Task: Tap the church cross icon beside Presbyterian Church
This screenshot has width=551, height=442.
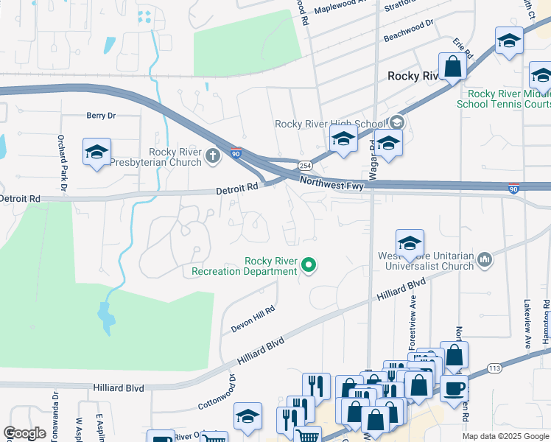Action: pyautogui.click(x=213, y=155)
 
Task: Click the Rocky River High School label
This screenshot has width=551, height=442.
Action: pyautogui.click(x=329, y=124)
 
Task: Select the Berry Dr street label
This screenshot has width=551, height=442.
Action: pyautogui.click(x=101, y=116)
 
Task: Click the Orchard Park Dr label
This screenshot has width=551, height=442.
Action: pyautogui.click(x=63, y=164)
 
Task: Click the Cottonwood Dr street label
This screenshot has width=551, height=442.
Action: pyautogui.click(x=217, y=392)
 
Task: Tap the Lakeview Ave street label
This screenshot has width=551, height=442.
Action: pyautogui.click(x=527, y=323)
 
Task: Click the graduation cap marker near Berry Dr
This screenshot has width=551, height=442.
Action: pyautogui.click(x=96, y=152)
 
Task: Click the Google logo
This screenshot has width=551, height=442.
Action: pyautogui.click(x=25, y=433)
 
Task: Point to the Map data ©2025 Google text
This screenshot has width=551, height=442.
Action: pyautogui.click(x=505, y=436)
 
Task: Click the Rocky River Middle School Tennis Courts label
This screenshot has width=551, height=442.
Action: pyautogui.click(x=508, y=99)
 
